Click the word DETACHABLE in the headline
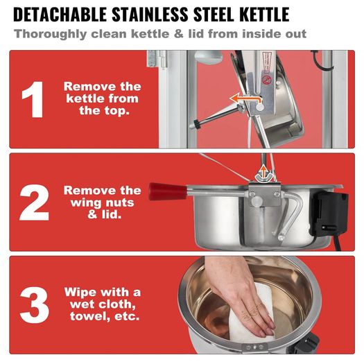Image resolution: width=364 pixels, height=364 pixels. [60, 15]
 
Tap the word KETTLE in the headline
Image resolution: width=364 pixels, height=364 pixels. [264, 15]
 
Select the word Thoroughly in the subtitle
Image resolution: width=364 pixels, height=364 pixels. [50, 34]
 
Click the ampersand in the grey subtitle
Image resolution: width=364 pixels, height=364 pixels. [178, 34]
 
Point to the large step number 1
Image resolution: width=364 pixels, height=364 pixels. [33, 99]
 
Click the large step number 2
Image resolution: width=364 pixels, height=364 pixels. [35, 202]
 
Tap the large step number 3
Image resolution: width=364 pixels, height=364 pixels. [35, 305]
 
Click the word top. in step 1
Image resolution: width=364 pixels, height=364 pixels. [104, 111]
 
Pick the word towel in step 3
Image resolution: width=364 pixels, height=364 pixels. [90, 316]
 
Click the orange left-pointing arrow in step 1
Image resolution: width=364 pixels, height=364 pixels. [245, 99]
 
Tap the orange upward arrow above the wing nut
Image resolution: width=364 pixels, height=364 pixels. [263, 172]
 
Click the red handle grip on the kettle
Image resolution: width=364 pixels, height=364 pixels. [168, 191]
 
